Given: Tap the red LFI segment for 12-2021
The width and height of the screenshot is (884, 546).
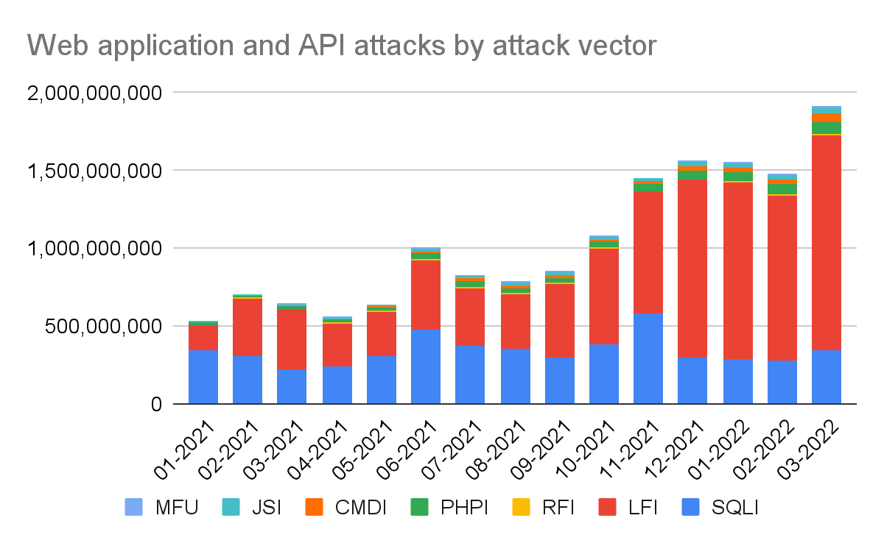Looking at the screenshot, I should coord(692,268).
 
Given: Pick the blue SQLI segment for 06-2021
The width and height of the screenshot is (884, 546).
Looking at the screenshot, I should coord(426,366).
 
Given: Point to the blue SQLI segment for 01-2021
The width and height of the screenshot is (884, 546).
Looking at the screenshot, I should coord(203,377).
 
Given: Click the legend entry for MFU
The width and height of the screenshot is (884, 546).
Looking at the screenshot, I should coord(166,508).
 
